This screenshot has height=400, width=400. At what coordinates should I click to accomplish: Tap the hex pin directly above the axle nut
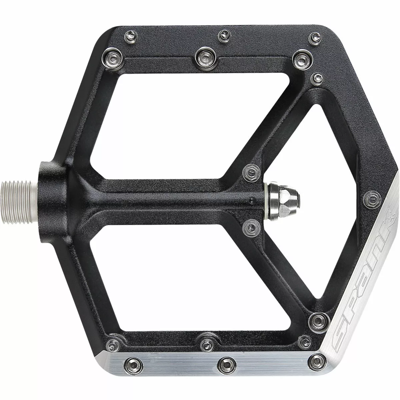[251, 173]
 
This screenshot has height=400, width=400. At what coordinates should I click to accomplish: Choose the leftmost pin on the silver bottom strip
[132, 362]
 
